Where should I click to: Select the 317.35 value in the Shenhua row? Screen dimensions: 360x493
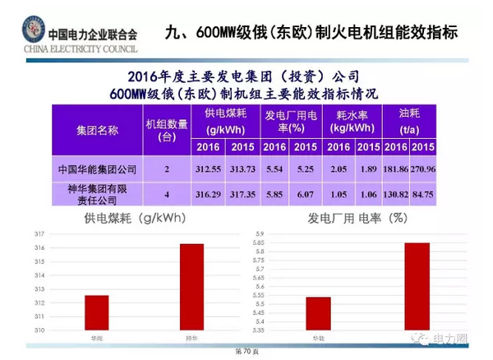[242, 193]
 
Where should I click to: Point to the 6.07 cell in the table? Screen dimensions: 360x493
[305, 193]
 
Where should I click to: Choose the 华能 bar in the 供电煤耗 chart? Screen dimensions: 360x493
[96, 313]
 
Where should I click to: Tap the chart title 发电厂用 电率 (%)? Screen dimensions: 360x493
[358, 219]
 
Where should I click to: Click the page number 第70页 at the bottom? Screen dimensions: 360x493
[246, 351]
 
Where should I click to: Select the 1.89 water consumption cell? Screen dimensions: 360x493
[368, 169]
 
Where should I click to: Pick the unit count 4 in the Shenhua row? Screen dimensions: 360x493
[167, 193]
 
